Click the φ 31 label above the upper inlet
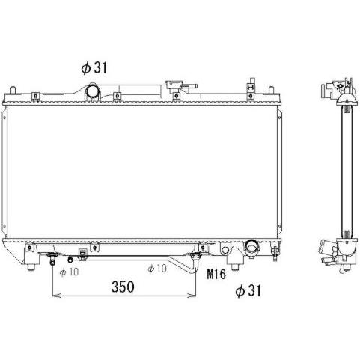pos(94,68)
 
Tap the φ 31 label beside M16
pos(248,291)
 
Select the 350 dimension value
pos(123,287)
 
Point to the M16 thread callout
pos(216,274)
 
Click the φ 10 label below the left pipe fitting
pos(69,272)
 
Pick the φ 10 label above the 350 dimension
pos(157,269)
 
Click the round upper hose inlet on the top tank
pos(93,91)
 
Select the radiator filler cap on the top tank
pos(174,85)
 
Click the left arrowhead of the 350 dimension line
pos(56,296)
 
